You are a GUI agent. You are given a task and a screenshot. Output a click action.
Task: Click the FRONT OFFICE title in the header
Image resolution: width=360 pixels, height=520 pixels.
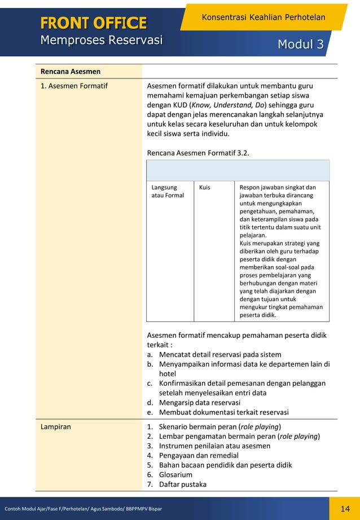point(93,23)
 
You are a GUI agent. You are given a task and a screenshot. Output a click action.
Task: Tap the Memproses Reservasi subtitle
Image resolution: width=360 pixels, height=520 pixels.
point(101,40)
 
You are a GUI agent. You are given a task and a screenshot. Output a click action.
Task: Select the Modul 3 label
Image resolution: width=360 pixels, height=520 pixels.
point(301,45)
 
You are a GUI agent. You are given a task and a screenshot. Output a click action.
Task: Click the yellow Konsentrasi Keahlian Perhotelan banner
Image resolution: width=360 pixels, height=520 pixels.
point(263,17)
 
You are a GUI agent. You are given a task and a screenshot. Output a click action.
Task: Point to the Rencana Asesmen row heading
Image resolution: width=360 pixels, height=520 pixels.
point(71,72)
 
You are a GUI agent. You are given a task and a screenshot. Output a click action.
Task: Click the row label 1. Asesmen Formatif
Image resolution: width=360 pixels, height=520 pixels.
point(74,86)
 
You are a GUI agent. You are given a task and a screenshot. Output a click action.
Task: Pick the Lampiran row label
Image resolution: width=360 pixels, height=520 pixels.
point(55,427)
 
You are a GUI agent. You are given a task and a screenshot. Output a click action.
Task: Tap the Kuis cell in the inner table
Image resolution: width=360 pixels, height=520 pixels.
point(205,187)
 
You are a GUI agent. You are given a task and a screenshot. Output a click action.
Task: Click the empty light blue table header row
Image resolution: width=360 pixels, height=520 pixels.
point(238,170)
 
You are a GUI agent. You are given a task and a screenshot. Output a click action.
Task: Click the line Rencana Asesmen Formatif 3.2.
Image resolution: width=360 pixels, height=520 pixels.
point(198,153)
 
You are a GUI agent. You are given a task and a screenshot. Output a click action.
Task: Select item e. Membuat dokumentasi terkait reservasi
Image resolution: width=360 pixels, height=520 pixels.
point(217,412)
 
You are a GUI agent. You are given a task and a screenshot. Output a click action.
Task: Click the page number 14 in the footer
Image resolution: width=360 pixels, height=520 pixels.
point(345,509)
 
